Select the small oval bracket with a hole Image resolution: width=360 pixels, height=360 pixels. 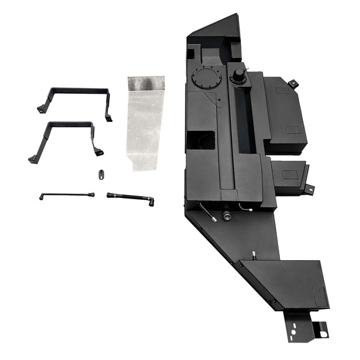pyautogui.click(x=99, y=174)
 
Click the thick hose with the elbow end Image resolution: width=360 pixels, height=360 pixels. pyautogui.click(x=130, y=197)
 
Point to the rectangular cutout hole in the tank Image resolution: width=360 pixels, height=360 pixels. pyautogui.click(x=200, y=140)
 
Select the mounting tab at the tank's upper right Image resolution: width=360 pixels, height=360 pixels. pyautogui.click(x=293, y=83)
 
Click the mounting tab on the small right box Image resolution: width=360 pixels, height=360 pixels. pyautogui.click(x=308, y=189)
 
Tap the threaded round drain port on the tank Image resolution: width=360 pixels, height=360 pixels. pyautogui.click(x=227, y=215)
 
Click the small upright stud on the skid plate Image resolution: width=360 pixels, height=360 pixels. pyautogui.click(x=254, y=254)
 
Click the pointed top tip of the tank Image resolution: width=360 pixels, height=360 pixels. pyautogui.click(x=236, y=17)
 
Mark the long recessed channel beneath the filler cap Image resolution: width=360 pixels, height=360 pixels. pyautogui.click(x=243, y=124)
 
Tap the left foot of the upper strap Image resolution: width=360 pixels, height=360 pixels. pyautogui.click(x=42, y=109)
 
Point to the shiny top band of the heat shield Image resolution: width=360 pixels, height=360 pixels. pyautogui.click(x=146, y=83)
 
